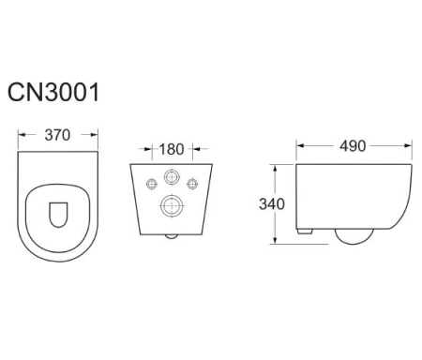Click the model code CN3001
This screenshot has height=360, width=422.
[x=53, y=92]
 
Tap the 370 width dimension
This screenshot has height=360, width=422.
[x=57, y=135]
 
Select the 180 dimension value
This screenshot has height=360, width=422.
[x=172, y=149]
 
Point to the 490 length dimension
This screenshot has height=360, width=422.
[x=353, y=146]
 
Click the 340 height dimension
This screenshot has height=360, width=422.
[x=272, y=204]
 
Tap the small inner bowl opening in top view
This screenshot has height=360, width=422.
[x=58, y=215]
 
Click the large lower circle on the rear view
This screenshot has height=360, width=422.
[x=172, y=206]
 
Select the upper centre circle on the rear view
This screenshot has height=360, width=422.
[x=172, y=177]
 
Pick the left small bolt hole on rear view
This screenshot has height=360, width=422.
[x=152, y=184]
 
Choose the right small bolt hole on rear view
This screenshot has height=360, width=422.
[x=192, y=184]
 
